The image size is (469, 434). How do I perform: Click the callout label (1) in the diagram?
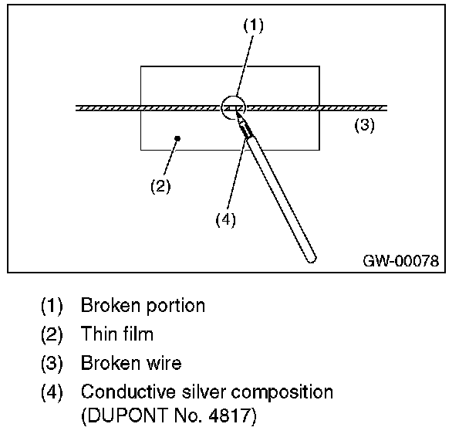pyautogui.click(x=253, y=25)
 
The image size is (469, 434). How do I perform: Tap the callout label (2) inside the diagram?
pyautogui.click(x=160, y=186)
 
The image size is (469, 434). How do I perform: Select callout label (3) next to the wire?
pyautogui.click(x=364, y=126)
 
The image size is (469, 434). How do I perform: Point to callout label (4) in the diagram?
pyautogui.click(x=224, y=219)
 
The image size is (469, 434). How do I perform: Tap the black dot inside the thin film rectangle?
pyautogui.click(x=177, y=138)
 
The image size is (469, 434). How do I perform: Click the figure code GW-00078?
pyautogui.click(x=400, y=261)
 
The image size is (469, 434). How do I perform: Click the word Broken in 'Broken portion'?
pyautogui.click(x=108, y=306)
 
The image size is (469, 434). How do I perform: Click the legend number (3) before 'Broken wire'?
pyautogui.click(x=52, y=363)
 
